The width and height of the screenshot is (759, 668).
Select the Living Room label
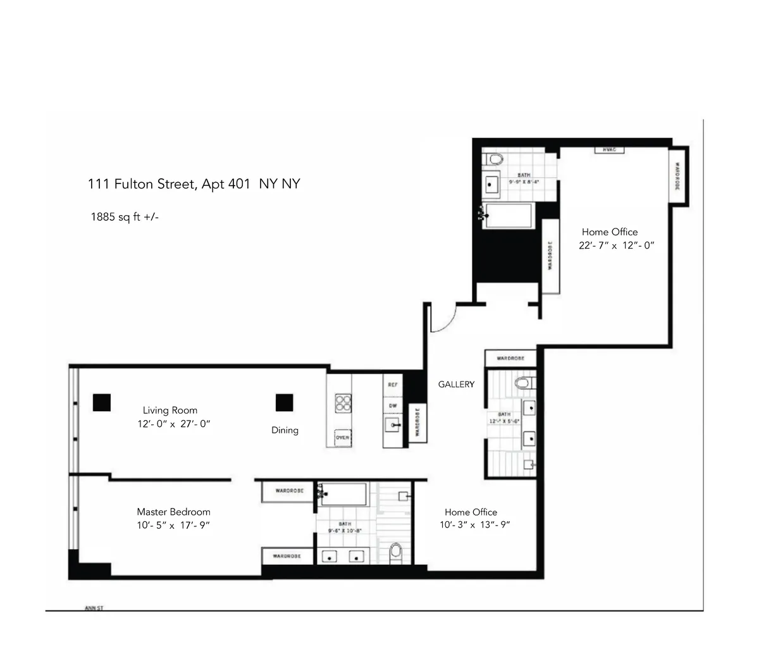(170, 411)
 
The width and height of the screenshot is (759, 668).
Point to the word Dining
(285, 430)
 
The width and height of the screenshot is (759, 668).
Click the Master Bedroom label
(173, 512)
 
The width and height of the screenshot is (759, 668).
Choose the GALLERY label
(456, 384)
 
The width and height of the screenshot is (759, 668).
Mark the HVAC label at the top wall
(609, 150)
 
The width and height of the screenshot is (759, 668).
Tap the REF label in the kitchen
(392, 384)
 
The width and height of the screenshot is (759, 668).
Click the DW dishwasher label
(392, 405)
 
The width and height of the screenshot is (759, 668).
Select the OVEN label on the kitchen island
(342, 438)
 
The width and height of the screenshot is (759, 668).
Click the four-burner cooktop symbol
(343, 404)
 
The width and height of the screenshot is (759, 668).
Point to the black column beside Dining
(284, 402)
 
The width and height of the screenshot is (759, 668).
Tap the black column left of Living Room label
(101, 402)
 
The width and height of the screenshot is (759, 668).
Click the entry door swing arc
(443, 319)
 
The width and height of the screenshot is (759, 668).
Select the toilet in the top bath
(493, 158)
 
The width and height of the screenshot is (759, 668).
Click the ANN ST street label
(94, 609)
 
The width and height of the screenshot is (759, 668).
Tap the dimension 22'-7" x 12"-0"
(616, 245)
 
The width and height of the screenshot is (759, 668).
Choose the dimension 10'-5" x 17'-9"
(173, 525)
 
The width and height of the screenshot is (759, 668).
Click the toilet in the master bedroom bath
(396, 552)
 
